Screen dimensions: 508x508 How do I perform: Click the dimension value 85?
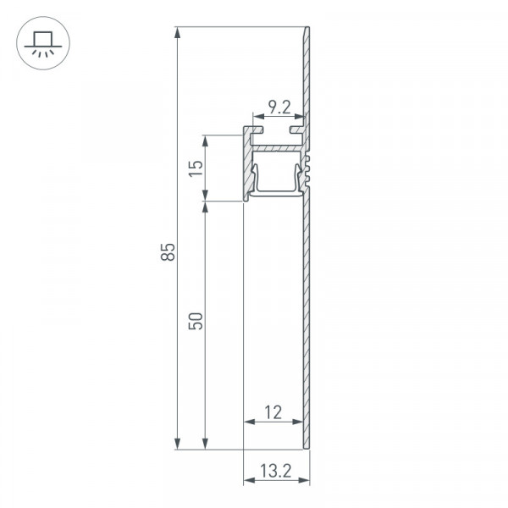point(168,251)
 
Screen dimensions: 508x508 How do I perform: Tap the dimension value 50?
point(196,321)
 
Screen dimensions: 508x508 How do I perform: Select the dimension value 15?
point(196,168)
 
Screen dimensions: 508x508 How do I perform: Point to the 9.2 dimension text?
point(279,108)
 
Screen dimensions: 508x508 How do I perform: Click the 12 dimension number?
point(273,413)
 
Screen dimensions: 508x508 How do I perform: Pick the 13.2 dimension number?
point(276,471)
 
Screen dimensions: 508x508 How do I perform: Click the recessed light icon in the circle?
point(43,43)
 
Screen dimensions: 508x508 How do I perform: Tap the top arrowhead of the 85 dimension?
point(177,33)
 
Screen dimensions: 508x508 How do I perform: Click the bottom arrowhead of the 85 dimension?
point(177,444)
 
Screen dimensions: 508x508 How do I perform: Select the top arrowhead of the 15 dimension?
point(205,141)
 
